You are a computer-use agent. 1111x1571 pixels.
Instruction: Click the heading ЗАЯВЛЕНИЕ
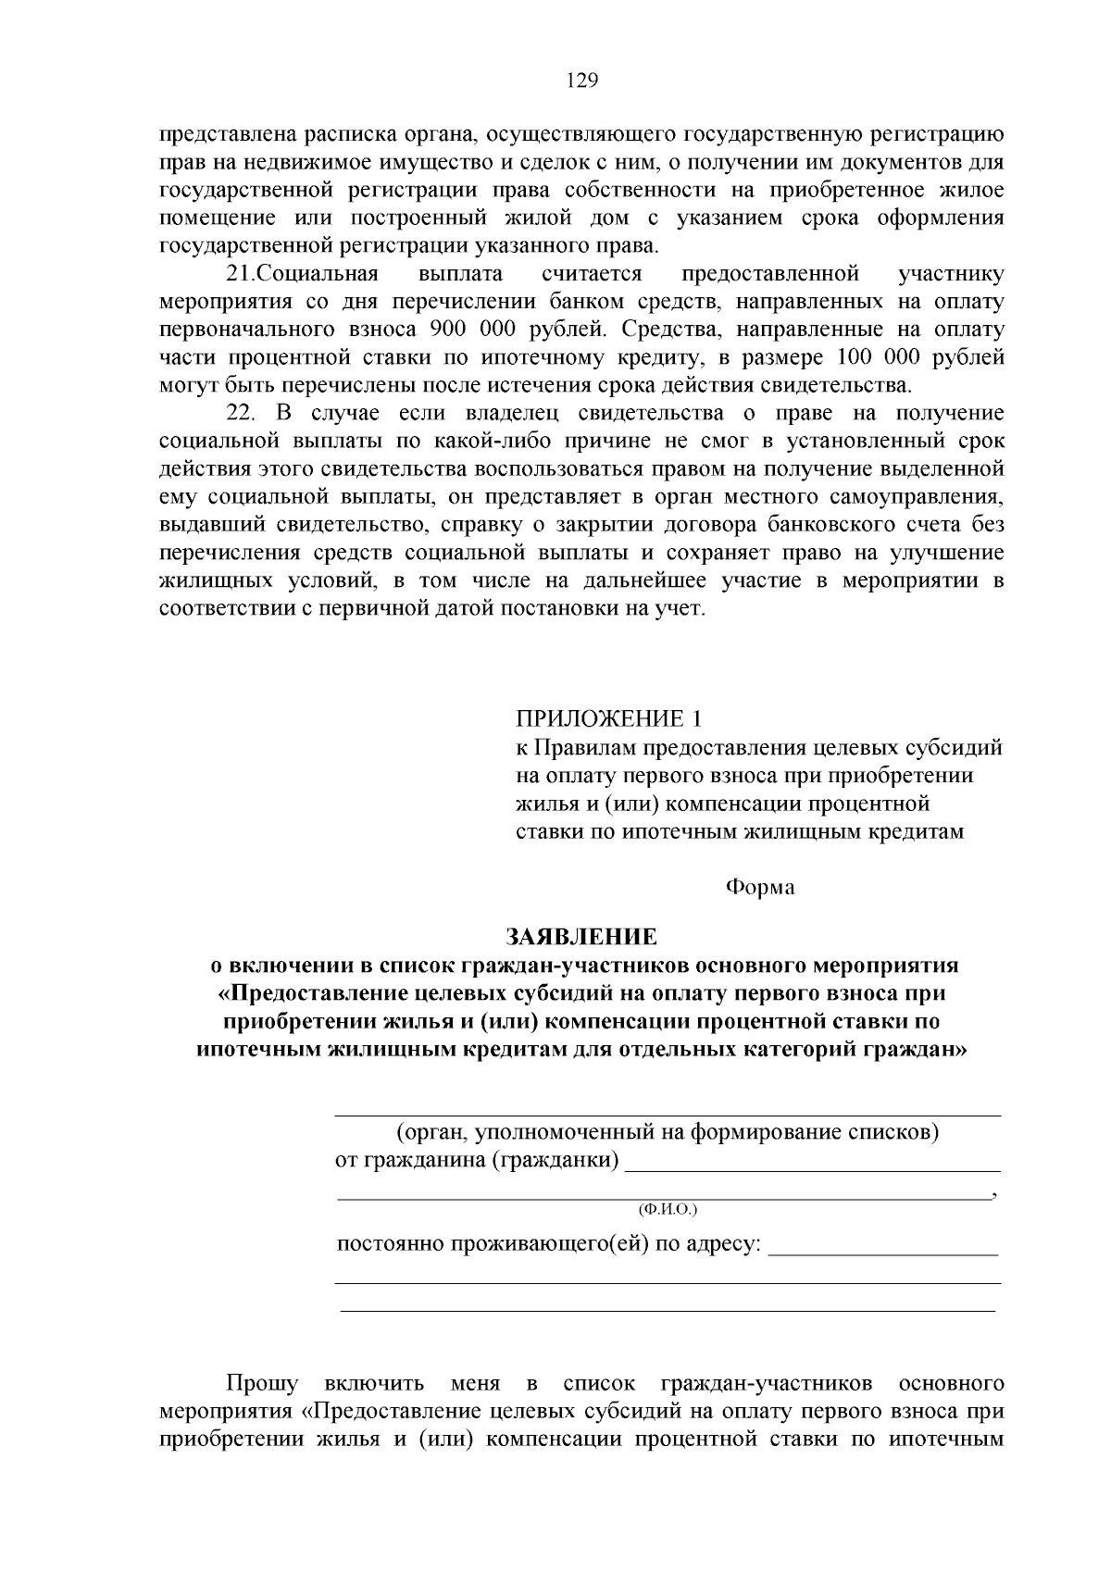coord(581,937)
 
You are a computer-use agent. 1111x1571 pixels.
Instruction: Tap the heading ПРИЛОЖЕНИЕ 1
coord(608,719)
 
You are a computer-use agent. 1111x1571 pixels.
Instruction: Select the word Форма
coord(759,887)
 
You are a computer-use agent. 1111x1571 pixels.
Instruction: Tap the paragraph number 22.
coord(242,414)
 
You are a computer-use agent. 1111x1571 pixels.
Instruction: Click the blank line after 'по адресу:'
coord(883,1253)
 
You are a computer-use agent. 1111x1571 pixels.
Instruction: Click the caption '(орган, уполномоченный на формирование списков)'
coord(668,1132)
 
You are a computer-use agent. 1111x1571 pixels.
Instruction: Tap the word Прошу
coord(263,1384)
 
